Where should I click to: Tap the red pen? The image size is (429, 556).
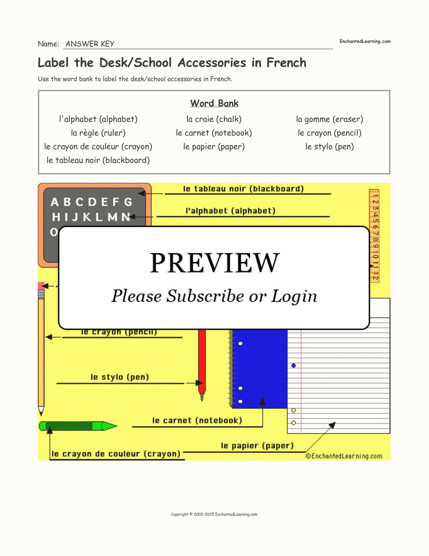pyautogui.click(x=202, y=362)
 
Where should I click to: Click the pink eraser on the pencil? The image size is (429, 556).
pyautogui.click(x=41, y=286)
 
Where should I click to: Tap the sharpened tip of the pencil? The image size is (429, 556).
pyautogui.click(x=41, y=411)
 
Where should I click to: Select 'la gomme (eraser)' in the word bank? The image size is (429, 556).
pyautogui.click(x=329, y=119)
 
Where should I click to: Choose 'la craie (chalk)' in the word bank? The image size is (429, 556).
pyautogui.click(x=214, y=119)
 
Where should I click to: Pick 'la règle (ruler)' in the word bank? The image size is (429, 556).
pyautogui.click(x=98, y=133)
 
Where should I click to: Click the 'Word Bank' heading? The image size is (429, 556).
pyautogui.click(x=214, y=103)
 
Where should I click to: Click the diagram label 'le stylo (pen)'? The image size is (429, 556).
pyautogui.click(x=120, y=377)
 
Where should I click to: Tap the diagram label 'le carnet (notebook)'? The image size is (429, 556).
pyautogui.click(x=197, y=421)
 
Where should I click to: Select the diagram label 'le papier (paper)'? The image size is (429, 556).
pyautogui.click(x=257, y=446)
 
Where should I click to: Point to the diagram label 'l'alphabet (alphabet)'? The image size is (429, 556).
pyautogui.click(x=230, y=211)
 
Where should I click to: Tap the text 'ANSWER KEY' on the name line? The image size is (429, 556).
pyautogui.click(x=90, y=44)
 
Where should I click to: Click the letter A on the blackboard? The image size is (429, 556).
pyautogui.click(x=55, y=202)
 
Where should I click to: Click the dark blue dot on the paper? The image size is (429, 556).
pyautogui.click(x=294, y=365)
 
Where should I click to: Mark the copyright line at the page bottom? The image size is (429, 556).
pyautogui.click(x=214, y=514)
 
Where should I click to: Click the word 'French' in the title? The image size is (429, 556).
pyautogui.click(x=286, y=63)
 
